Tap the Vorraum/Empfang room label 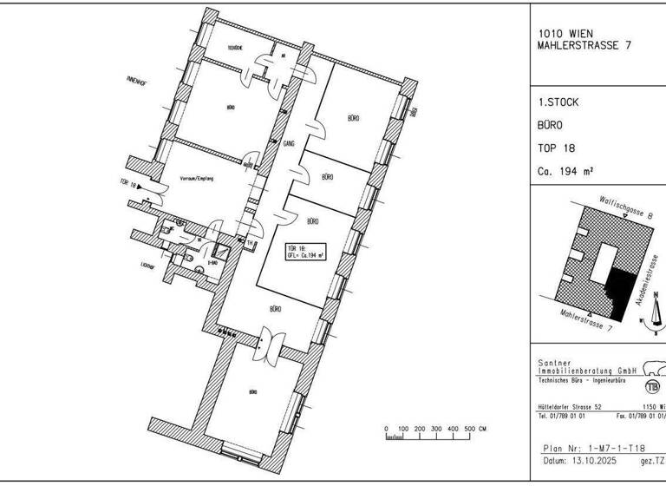(x=196, y=179)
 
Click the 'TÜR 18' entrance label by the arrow (x=129, y=184)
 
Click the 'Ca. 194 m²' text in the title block (x=565, y=171)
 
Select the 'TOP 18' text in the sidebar (x=556, y=148)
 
